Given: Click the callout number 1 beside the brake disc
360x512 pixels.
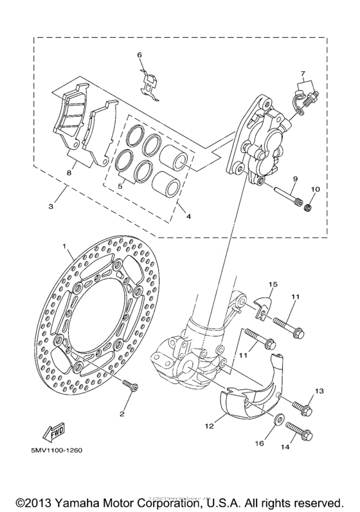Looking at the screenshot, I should [x=64, y=246].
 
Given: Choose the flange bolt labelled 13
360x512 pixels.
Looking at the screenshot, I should [x=302, y=407].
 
